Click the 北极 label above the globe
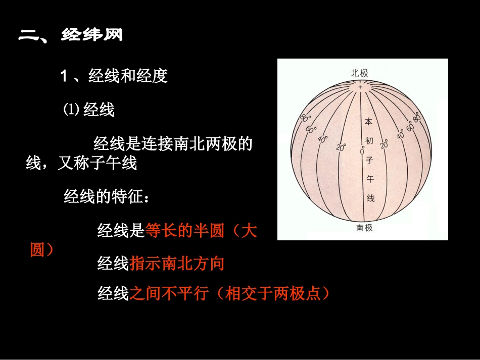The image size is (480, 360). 360,73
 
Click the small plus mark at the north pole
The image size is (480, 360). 360,87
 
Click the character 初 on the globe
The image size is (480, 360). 369,141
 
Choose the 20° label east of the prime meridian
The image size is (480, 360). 384,144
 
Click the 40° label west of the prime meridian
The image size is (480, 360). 322,139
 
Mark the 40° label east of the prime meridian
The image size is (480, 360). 401,134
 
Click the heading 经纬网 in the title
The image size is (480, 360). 92,35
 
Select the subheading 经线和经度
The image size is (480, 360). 128,76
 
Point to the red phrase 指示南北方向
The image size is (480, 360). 177,263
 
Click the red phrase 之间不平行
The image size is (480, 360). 168,294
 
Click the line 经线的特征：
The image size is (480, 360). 107,196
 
